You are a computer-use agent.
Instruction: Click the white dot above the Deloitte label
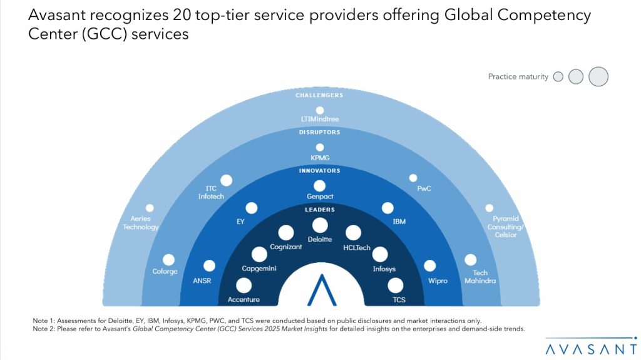coord(320,225)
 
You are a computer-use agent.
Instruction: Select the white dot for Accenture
coord(244,286)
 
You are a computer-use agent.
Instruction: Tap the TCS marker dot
coord(396,286)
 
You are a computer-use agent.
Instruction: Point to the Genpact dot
coord(320,185)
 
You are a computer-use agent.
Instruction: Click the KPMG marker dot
coord(320,147)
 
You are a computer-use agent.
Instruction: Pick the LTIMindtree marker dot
coord(320,110)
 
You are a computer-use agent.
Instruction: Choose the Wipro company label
coord(438,281)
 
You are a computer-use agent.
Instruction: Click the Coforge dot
coord(168,259)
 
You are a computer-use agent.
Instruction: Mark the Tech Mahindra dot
coord(470,260)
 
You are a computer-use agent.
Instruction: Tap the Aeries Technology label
coord(141,223)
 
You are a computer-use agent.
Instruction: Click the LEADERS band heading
coord(320,210)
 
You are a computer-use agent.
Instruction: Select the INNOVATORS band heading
coord(320,170)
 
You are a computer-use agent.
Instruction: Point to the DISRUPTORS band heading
coord(320,132)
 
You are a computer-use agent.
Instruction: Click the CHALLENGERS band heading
coord(320,95)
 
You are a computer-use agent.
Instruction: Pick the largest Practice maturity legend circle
coord(598,76)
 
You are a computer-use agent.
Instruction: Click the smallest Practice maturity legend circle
coord(558,76)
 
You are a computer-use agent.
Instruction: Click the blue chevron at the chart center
coord(320,289)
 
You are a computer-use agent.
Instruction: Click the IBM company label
coord(399,222)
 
